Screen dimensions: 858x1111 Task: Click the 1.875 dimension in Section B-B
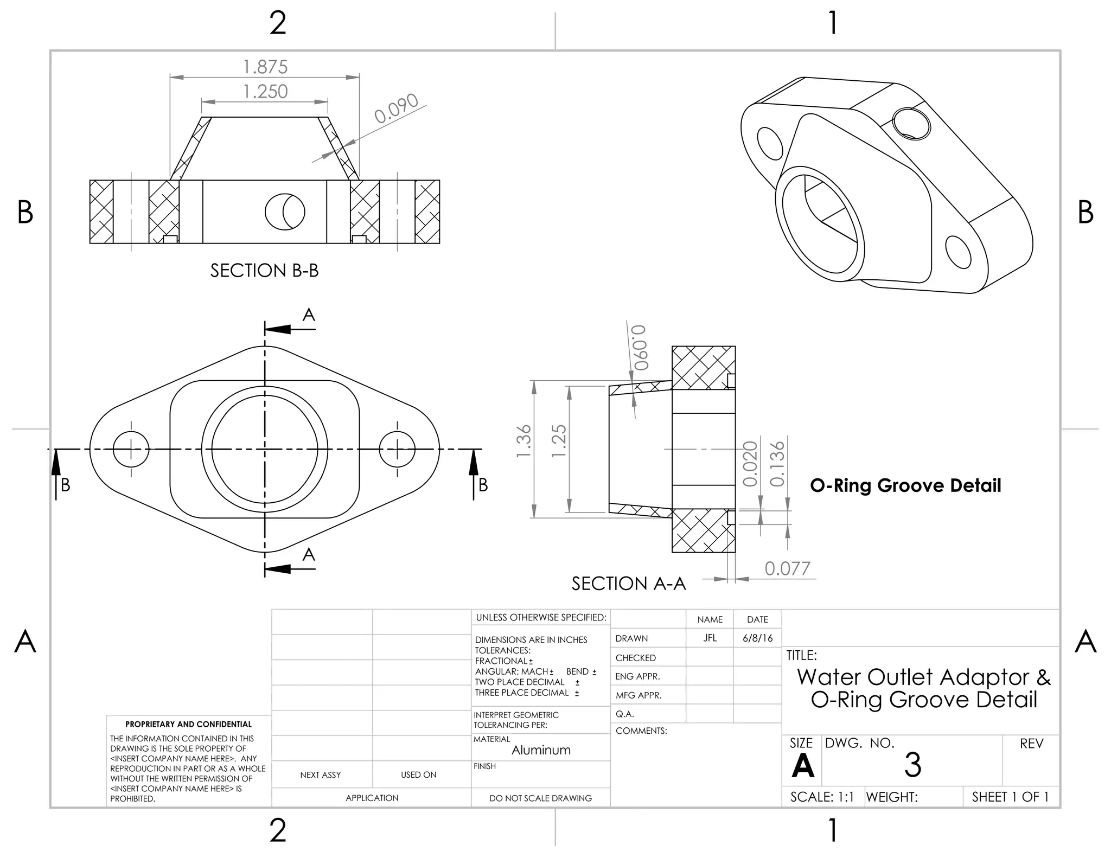coord(265,67)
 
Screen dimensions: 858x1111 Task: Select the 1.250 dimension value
coord(265,91)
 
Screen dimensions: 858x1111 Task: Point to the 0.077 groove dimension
coord(787,568)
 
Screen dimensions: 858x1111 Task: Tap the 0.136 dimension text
coord(777,464)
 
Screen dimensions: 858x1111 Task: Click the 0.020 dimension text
coord(750,464)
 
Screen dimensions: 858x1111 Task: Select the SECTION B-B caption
coord(264,270)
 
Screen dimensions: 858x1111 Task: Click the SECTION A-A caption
coord(629,584)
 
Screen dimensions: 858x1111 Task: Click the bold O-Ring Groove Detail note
coord(905,485)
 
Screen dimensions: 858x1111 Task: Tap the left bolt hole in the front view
coord(131,449)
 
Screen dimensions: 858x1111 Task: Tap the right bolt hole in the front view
coord(397,449)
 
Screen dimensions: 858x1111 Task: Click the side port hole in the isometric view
coord(911,124)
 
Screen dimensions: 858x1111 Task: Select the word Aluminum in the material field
coord(541,750)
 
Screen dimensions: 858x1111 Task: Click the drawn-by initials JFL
coord(710,638)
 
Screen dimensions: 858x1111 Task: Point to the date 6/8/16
coord(757,638)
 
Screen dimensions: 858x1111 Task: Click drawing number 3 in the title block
coord(912,765)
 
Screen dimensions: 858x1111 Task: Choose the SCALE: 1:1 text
coord(822,797)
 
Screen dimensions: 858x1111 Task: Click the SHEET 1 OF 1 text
coord(1010,797)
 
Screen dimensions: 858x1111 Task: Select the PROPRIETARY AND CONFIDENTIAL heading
coord(188,724)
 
